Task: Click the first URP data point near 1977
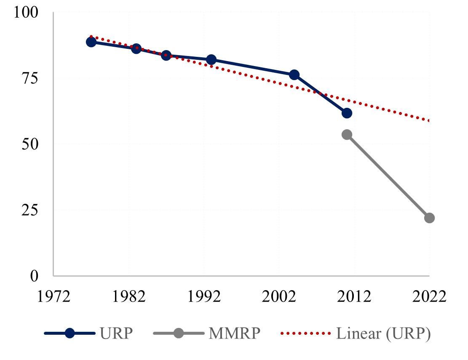pos(91,42)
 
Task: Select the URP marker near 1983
pos(136,48)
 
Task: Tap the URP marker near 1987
pos(166,56)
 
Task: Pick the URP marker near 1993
pos(211,60)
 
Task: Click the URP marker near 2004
pos(294,75)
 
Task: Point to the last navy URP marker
pos(347,113)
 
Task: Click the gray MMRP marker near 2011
pos(347,135)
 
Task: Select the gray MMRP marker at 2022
pos(429,218)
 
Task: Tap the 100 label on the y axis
pos(26,13)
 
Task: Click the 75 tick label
pos(30,78)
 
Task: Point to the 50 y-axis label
pos(30,144)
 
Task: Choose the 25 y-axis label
pos(30,210)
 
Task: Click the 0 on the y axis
pos(34,276)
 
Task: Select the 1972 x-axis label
pos(54,297)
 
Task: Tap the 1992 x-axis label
pos(204,297)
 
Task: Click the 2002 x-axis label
pos(279,297)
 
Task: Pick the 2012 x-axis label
pos(354,297)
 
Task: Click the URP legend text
pos(116,333)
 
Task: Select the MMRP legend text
pos(235,333)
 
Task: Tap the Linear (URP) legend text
pos(383,333)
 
